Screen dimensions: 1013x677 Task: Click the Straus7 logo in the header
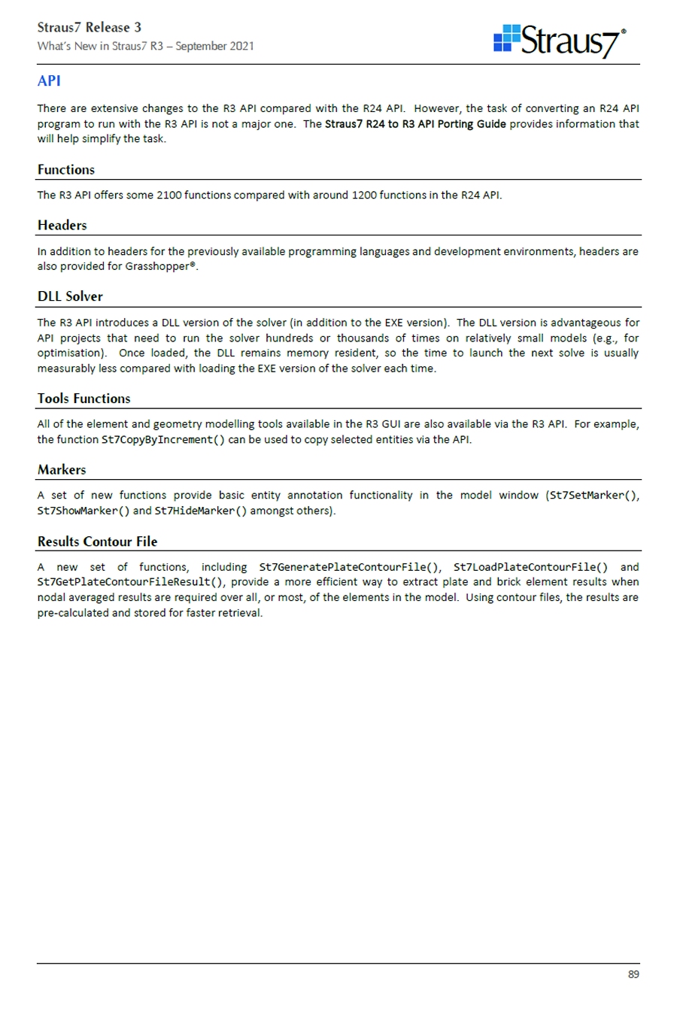560,41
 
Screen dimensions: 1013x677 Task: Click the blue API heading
49,81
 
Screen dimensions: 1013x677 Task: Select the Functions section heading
66,170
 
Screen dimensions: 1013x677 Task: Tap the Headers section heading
62,226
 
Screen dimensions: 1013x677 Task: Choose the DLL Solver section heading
70,296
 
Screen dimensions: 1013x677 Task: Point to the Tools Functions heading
84,399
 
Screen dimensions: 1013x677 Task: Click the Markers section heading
62,470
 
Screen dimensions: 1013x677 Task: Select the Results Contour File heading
98,541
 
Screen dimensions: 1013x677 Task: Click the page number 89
633,974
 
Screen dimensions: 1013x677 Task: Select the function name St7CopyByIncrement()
163,440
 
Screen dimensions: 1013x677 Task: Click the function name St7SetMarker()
594,496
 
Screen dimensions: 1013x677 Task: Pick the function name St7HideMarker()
201,511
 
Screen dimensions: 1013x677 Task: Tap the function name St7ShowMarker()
83,511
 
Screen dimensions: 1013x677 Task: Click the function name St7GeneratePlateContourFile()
350,568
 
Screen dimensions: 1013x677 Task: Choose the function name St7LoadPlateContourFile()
530,568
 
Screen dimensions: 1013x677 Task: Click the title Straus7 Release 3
90,28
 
